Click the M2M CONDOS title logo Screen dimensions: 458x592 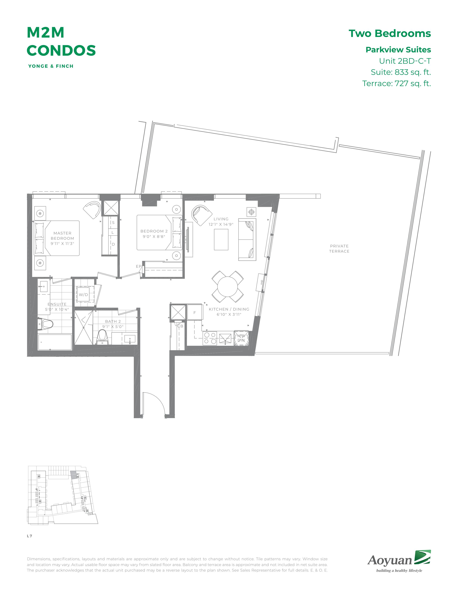click(x=61, y=41)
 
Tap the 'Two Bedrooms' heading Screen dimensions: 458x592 click(x=390, y=33)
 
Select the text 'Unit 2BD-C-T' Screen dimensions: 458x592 click(x=405, y=61)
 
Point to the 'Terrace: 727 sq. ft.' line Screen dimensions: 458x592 click(x=396, y=83)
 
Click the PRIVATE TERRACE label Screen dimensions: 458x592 click(x=339, y=249)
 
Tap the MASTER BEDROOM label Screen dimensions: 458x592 click(x=62, y=236)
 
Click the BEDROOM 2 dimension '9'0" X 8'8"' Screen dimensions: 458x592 click(x=154, y=236)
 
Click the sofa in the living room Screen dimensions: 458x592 click(x=247, y=239)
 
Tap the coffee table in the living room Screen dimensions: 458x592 click(x=221, y=239)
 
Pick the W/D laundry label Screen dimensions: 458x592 click(x=83, y=295)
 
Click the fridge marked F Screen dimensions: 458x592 click(x=195, y=312)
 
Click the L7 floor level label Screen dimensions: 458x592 click(x=29, y=536)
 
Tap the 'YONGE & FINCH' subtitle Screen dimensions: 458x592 click(x=51, y=66)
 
